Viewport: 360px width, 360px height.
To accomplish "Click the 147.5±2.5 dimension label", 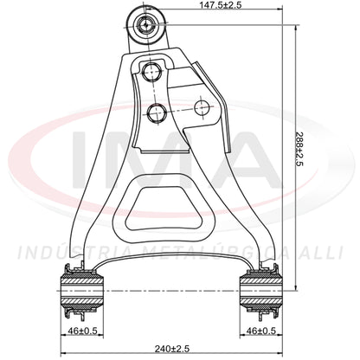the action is [x=220, y=4].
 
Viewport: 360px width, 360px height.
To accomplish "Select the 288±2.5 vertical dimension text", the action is [x=299, y=150].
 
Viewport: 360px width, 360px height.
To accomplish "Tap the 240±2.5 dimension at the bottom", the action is [x=172, y=349].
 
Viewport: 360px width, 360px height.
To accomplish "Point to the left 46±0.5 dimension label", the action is [x=82, y=331].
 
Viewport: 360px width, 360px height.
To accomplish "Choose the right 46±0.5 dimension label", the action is [x=261, y=331].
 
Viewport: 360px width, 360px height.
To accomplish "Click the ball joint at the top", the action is [x=146, y=25].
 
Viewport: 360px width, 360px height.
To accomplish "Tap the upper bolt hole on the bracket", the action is [x=152, y=71].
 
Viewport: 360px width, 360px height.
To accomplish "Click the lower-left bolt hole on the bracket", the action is [x=156, y=112].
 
